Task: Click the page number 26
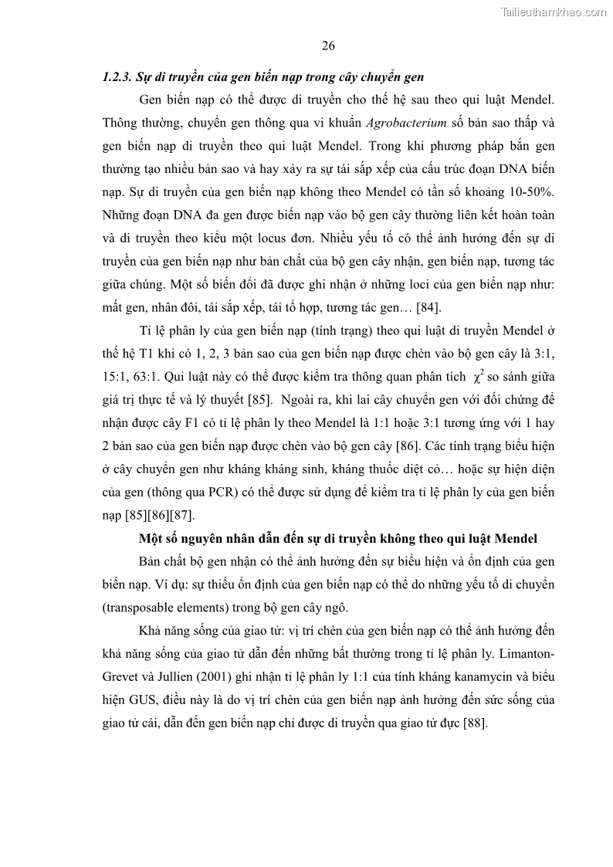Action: coord(327,46)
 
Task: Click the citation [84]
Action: coord(428,308)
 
